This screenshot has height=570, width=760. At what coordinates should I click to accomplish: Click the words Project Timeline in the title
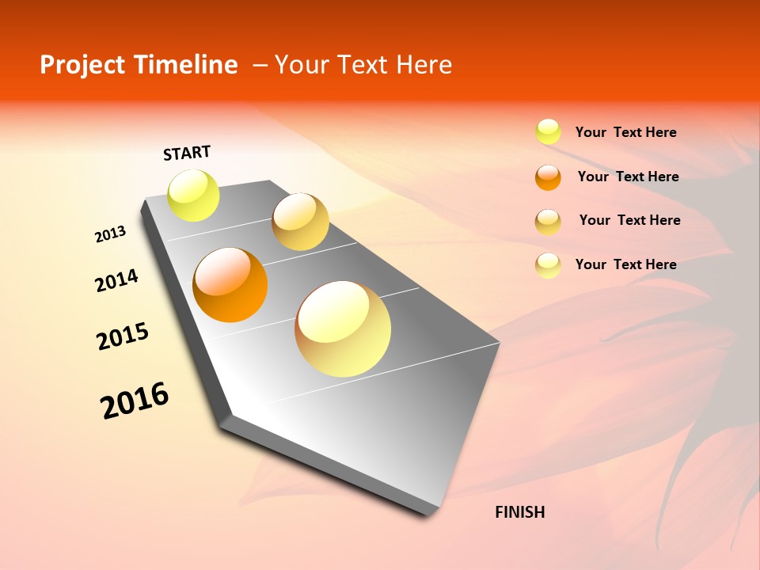click(139, 65)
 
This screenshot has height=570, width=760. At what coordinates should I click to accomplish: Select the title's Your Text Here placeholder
click(363, 65)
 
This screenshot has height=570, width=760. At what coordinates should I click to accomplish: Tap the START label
click(187, 153)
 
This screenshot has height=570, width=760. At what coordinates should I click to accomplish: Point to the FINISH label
click(519, 512)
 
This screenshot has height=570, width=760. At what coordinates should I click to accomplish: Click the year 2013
click(110, 234)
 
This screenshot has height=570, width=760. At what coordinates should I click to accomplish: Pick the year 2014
click(116, 280)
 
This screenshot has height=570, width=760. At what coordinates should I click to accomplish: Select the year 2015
click(123, 336)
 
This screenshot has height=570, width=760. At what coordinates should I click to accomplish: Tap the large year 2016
click(135, 401)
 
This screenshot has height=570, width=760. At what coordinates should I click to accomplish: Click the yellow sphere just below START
click(194, 195)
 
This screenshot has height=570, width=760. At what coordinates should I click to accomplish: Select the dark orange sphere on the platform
click(230, 285)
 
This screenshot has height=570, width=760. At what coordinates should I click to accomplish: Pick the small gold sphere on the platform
click(300, 222)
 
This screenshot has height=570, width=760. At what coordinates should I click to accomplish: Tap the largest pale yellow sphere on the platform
click(343, 329)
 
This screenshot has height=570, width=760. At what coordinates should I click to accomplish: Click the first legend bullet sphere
click(548, 132)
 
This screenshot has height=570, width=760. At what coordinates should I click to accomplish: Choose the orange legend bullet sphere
click(548, 177)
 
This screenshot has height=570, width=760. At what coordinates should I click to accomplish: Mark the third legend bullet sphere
click(548, 222)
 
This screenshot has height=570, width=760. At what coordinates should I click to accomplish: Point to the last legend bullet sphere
click(548, 265)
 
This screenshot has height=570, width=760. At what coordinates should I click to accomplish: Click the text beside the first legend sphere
click(625, 133)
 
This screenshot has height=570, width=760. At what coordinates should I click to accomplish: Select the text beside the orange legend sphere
click(628, 177)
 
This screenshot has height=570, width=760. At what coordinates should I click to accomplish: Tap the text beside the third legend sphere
click(629, 220)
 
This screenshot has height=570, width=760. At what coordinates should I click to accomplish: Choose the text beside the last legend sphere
click(625, 264)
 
